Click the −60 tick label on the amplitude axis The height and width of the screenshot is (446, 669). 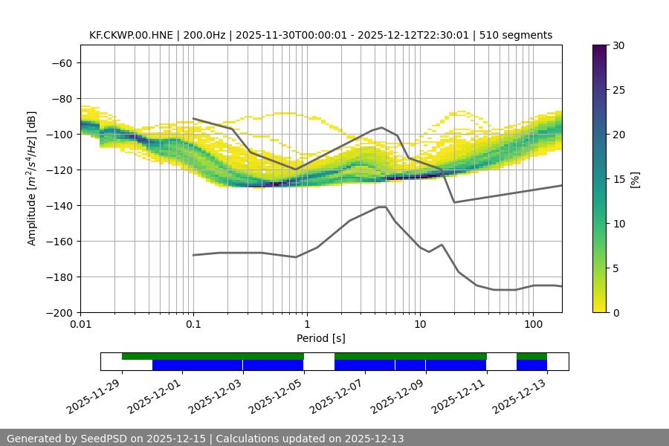[x=61, y=62]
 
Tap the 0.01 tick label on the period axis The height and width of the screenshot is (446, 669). [x=80, y=325]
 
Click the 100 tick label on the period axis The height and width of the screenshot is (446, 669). [x=532, y=325]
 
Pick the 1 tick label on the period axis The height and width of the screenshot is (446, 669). [x=306, y=325]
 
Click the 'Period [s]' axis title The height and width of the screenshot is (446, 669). [x=321, y=338]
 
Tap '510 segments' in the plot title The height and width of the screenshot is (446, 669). [x=516, y=35]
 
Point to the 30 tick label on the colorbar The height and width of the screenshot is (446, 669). [x=618, y=45]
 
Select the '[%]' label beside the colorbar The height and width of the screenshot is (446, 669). [x=636, y=179]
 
